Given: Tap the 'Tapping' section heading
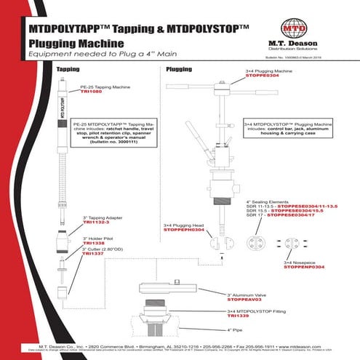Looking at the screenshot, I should click(68, 69).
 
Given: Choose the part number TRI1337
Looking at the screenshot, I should click(93, 255).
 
